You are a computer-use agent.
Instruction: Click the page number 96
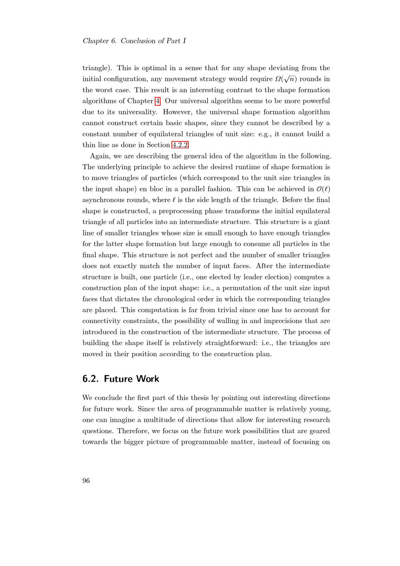click(86, 481)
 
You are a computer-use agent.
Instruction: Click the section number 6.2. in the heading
click(91, 379)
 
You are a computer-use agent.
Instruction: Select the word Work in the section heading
click(148, 379)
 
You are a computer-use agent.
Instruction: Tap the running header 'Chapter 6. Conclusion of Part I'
click(134, 41)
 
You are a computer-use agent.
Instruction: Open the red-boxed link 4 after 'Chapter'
click(158, 101)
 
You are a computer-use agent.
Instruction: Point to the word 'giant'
click(322, 222)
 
